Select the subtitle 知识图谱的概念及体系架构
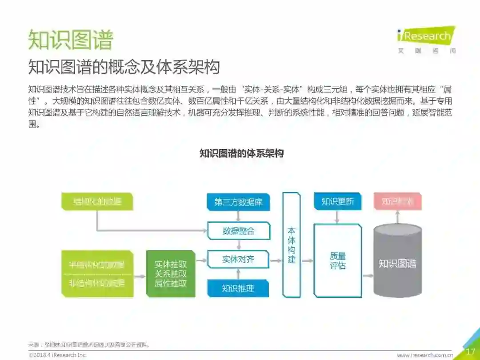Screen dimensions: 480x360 coord(124,67)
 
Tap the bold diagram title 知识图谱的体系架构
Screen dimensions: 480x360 coord(242,154)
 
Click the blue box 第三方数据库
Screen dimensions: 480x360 coord(239,202)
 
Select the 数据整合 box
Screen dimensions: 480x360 coord(239,231)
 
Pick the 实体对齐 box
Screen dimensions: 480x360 coord(239,259)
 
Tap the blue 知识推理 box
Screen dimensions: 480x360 coord(239,288)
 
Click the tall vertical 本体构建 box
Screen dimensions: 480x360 coord(292,245)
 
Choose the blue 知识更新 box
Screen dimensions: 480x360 coord(338,201)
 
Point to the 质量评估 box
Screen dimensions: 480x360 coord(338,261)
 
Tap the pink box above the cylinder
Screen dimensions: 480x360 coord(397,201)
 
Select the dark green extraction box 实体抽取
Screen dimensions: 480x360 coord(171,274)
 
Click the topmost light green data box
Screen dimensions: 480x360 coord(97,201)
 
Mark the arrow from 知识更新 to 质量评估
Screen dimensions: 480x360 coord(338,216)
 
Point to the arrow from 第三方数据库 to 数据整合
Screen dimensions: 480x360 coord(239,216)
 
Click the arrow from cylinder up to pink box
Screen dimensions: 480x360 coord(397,217)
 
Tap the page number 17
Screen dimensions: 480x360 coord(470,352)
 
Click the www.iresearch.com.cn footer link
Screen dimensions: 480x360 coord(424,355)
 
